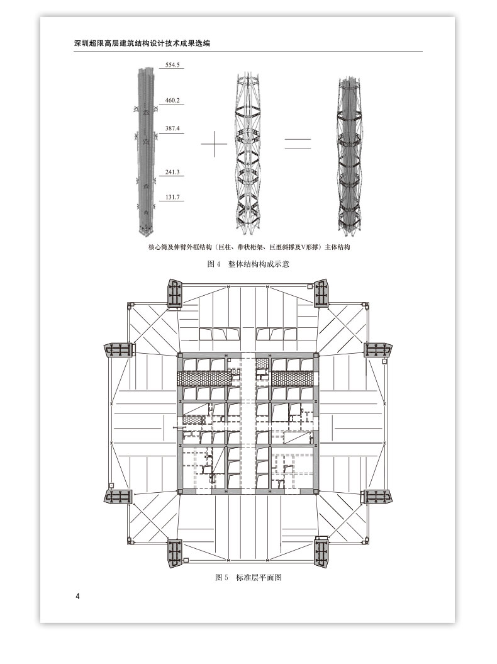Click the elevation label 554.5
pos(172,65)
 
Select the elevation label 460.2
pos(172,100)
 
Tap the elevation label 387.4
pos(172,128)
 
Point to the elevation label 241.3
pos(172,172)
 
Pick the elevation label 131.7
pos(172,197)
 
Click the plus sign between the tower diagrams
pos(214,143)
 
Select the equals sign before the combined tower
pos(298,143)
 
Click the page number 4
pos(77,597)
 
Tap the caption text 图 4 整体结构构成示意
pos(248,264)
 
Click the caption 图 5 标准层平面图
pos(248,577)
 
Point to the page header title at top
pos(142,43)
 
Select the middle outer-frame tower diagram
pos(246,152)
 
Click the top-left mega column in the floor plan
pos(174,293)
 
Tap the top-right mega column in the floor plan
pos(321,293)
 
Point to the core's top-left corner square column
pos(179,356)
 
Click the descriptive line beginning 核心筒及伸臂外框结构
pos(249,247)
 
